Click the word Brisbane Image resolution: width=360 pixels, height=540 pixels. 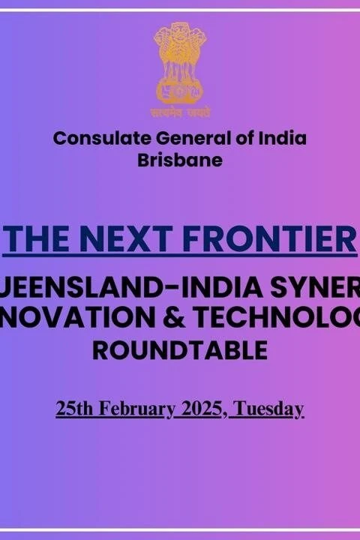(180, 160)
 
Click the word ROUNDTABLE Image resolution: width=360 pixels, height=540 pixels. (180, 349)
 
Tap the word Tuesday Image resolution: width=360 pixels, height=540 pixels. (269, 409)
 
